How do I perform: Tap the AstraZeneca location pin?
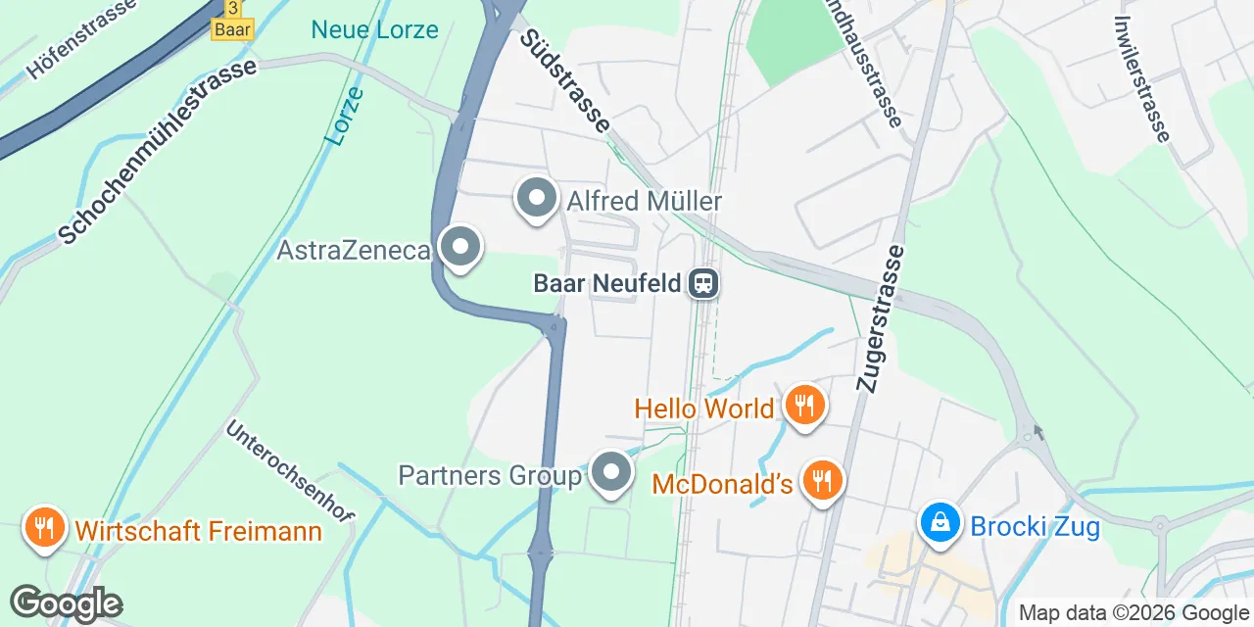click(x=459, y=248)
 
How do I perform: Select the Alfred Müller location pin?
click(x=536, y=199)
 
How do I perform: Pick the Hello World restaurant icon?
click(x=804, y=404)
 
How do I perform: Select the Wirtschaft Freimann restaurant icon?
click(x=44, y=529)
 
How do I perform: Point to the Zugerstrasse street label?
click(x=880, y=318)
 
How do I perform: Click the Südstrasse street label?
click(x=565, y=80)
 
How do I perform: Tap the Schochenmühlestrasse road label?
click(x=157, y=150)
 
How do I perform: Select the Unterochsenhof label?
click(x=291, y=470)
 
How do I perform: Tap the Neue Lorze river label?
click(x=374, y=29)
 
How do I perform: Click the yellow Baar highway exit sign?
click(x=232, y=22)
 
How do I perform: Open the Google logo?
click(x=66, y=603)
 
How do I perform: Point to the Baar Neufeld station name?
click(x=606, y=284)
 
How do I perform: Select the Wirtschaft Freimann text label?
click(x=199, y=531)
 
